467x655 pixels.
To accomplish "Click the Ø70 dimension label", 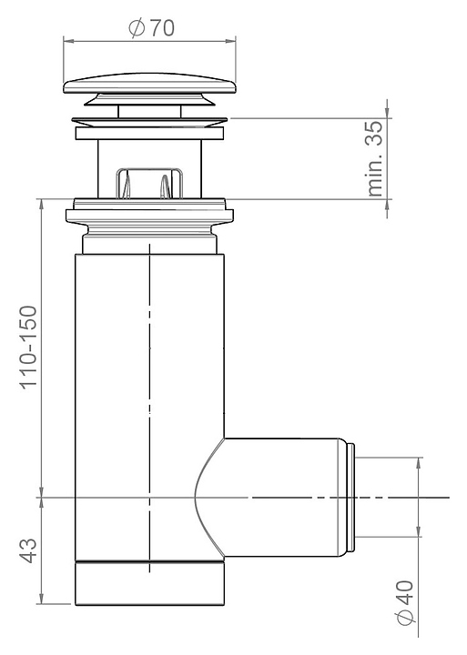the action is click(x=151, y=28).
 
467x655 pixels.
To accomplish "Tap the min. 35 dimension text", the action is click(x=375, y=158).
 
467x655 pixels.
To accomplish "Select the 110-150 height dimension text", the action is click(x=29, y=348).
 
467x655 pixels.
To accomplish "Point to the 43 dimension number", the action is click(x=29, y=550).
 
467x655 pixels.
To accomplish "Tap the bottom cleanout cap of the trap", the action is click(x=149, y=583).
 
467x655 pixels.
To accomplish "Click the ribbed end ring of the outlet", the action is click(x=351, y=497).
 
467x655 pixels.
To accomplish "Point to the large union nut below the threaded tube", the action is click(x=149, y=216).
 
